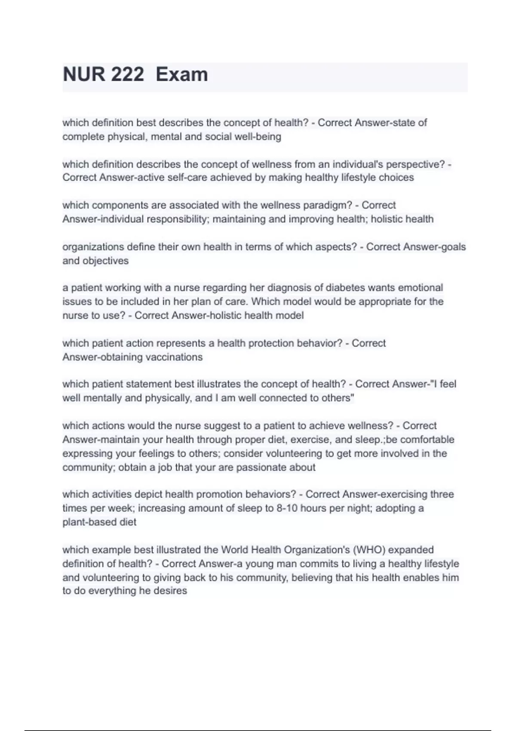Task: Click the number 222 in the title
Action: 127,74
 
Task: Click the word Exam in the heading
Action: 181,74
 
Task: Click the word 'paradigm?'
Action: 328,205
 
